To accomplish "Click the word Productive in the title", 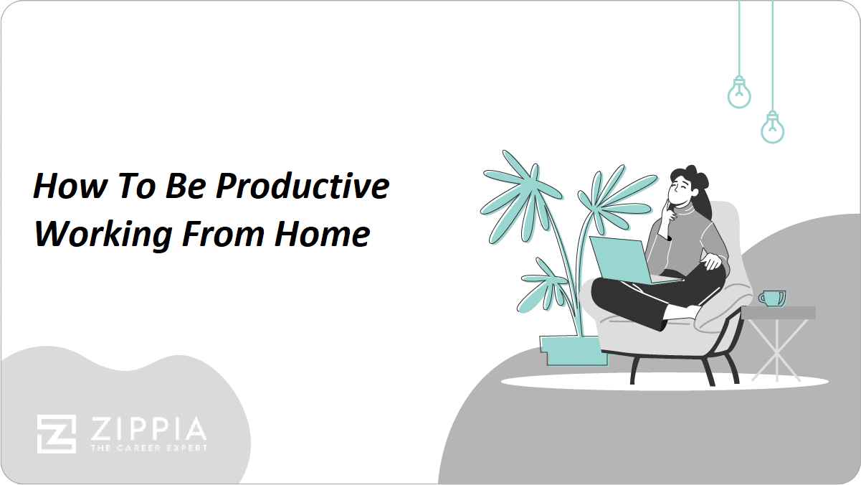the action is (x=303, y=187).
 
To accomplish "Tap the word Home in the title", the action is (x=322, y=234).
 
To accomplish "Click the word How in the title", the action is (x=70, y=186).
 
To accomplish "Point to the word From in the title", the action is (x=223, y=234).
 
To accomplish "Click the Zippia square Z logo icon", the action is (x=57, y=434).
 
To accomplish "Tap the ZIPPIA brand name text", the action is (x=148, y=429).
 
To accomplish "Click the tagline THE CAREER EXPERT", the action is (x=149, y=448).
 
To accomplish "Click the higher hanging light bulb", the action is (x=739, y=93).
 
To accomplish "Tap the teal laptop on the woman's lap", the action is (x=630, y=262).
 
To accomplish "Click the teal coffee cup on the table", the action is (x=773, y=299).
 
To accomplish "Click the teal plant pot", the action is (x=574, y=350).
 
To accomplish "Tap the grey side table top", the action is (x=779, y=313).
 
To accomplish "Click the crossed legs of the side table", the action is (x=777, y=350).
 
